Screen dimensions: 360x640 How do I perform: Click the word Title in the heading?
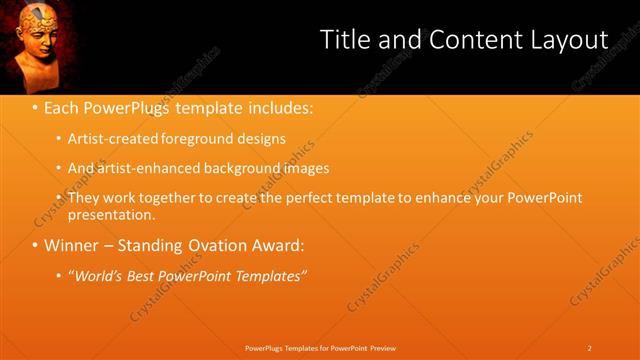coord(343,39)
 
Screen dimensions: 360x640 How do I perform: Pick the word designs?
coord(260,139)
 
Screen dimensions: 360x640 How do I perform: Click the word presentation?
coord(112,215)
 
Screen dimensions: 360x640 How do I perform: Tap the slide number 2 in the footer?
coord(590,347)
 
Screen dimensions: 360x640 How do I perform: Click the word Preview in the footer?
coord(383,347)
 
